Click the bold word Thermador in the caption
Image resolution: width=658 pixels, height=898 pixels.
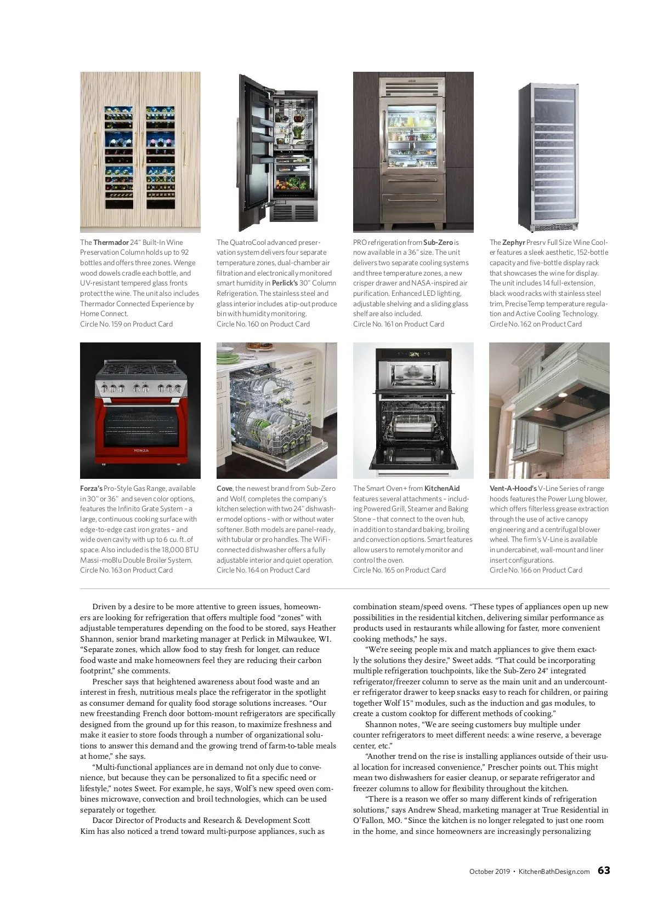[x=111, y=242]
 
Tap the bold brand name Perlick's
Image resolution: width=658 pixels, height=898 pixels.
[x=285, y=283]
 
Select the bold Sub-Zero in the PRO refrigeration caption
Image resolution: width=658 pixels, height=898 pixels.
[x=438, y=242]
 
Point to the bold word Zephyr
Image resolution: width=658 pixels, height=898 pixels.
[x=513, y=242]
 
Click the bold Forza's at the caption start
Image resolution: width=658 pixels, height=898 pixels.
[x=91, y=488]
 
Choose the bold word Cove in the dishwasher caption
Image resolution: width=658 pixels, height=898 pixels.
[x=224, y=488]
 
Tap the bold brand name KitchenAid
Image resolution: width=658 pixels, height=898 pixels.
[x=442, y=488]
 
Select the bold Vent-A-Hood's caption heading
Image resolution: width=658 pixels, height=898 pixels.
[x=513, y=488]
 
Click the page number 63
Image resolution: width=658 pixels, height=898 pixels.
[x=603, y=871]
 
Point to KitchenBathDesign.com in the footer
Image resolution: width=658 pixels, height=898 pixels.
[x=554, y=871]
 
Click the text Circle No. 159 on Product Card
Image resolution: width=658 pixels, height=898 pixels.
[x=126, y=324]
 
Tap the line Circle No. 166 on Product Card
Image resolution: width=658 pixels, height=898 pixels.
[x=536, y=570]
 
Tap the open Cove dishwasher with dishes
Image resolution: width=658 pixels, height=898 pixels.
[x=271, y=422]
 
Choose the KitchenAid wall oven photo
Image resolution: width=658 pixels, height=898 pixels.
[x=413, y=411]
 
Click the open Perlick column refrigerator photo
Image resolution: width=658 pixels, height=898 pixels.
[x=277, y=152]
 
